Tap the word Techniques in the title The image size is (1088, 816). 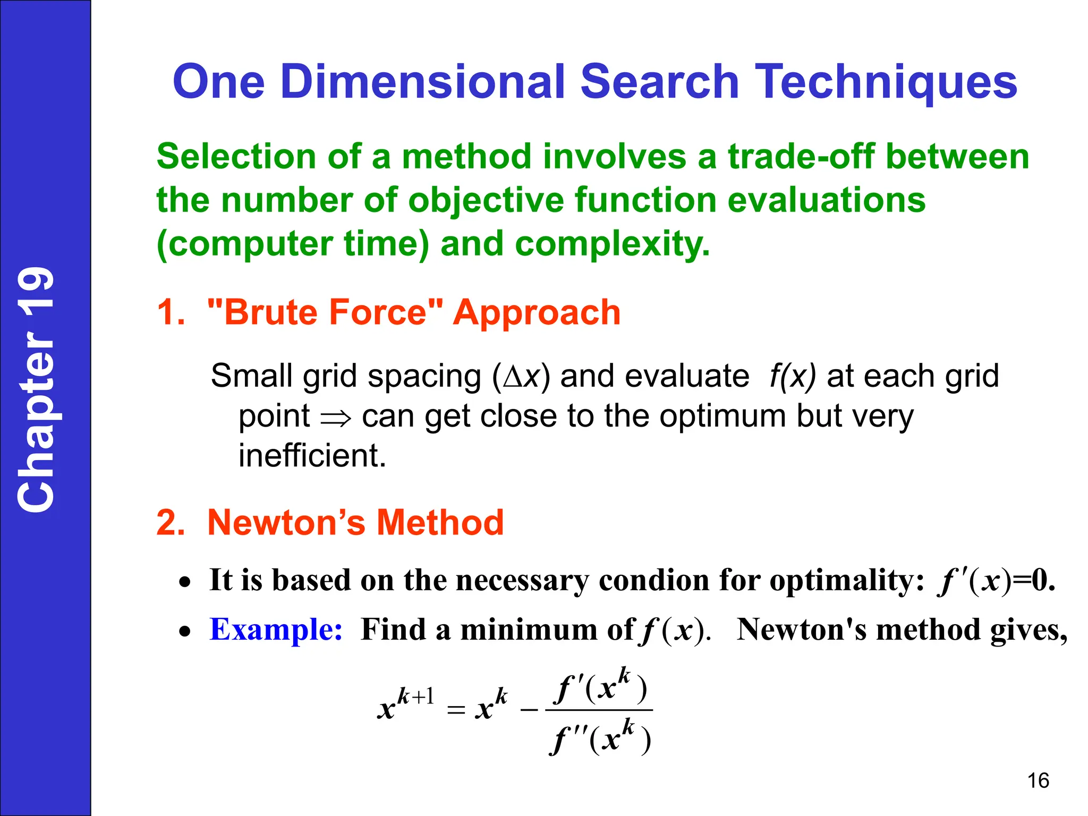[x=886, y=82]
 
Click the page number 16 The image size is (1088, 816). [x=1038, y=781]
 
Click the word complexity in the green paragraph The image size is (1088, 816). [x=612, y=244]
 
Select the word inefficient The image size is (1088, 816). [x=312, y=455]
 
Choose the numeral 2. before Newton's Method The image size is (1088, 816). [x=171, y=522]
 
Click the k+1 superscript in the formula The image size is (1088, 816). [x=416, y=695]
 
